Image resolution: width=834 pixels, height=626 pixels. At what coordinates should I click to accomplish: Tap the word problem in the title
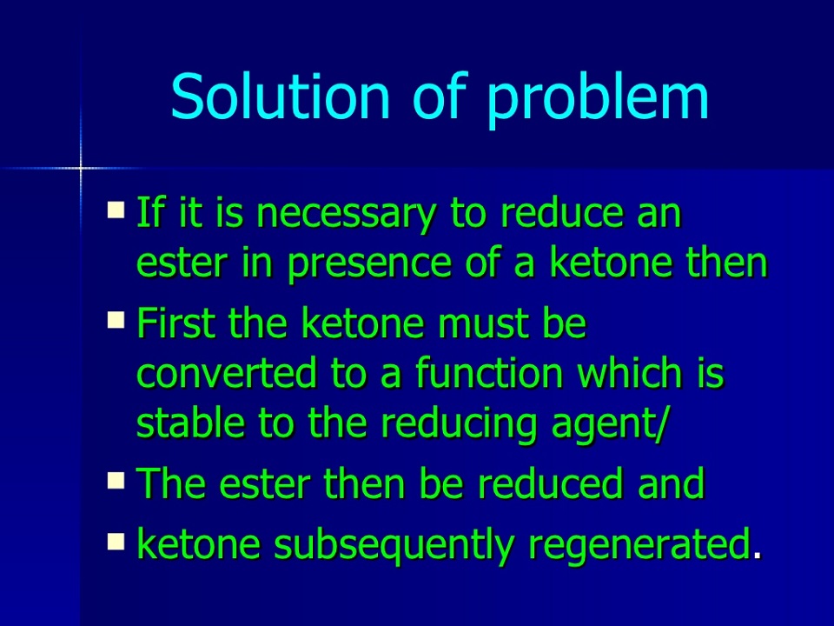(x=598, y=100)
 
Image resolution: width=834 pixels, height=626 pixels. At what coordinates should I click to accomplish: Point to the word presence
(x=369, y=264)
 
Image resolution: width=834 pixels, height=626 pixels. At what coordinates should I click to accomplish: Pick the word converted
(x=227, y=373)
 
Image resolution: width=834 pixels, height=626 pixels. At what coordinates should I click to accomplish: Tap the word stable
(x=190, y=423)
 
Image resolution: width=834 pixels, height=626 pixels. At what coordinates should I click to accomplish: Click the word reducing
(x=460, y=424)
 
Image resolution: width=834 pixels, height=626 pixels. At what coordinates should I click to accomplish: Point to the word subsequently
(x=394, y=544)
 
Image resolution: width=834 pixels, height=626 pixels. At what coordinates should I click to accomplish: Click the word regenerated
(x=640, y=544)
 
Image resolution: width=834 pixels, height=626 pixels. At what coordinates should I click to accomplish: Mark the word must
(x=483, y=323)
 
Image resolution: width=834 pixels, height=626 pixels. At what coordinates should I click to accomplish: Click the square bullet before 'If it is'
(x=116, y=210)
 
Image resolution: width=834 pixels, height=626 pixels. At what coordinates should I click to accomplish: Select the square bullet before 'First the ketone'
(x=116, y=319)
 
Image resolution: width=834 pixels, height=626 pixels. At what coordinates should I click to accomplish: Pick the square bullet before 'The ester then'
(x=116, y=480)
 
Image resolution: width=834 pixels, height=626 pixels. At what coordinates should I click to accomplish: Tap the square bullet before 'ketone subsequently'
(x=116, y=542)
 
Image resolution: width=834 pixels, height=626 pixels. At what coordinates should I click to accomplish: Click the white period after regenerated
(x=758, y=556)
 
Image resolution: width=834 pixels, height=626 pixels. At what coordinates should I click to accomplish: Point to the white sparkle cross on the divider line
(x=81, y=169)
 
